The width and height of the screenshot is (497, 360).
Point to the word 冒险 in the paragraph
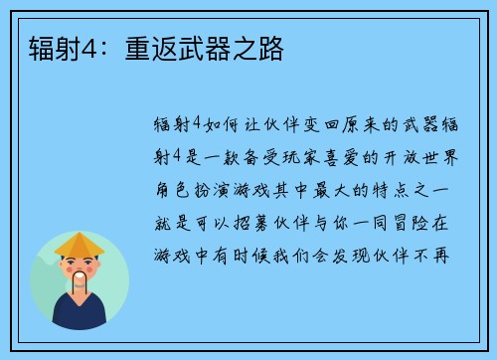(422, 221)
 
